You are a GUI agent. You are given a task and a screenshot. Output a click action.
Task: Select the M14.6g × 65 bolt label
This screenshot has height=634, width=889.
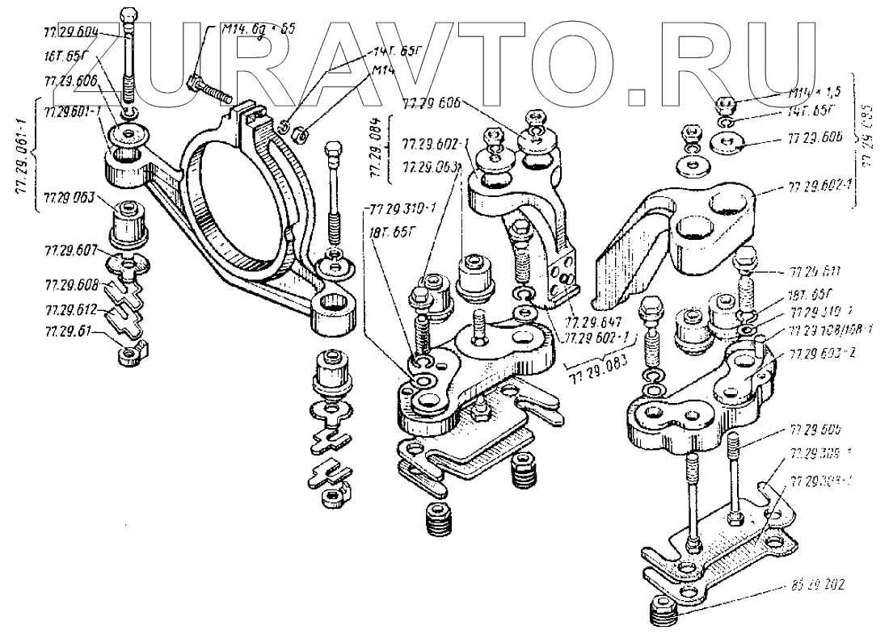pos(258,28)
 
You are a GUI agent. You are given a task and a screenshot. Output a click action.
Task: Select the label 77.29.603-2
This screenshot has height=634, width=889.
pos(818,353)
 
